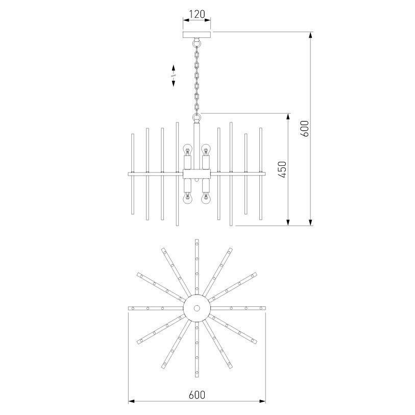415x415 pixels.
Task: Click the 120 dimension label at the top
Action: (x=197, y=14)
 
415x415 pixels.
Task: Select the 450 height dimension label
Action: (x=282, y=169)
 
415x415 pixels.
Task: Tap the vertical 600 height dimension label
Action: (x=304, y=129)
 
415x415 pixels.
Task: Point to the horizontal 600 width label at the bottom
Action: (x=197, y=395)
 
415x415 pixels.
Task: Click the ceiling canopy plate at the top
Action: (x=197, y=35)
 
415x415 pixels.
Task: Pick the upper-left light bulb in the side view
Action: (x=187, y=150)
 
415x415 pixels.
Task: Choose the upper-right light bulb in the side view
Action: (x=205, y=150)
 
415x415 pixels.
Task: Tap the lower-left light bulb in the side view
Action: (x=187, y=198)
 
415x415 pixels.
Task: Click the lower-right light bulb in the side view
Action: (x=205, y=198)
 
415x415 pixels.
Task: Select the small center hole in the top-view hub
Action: (x=197, y=308)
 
